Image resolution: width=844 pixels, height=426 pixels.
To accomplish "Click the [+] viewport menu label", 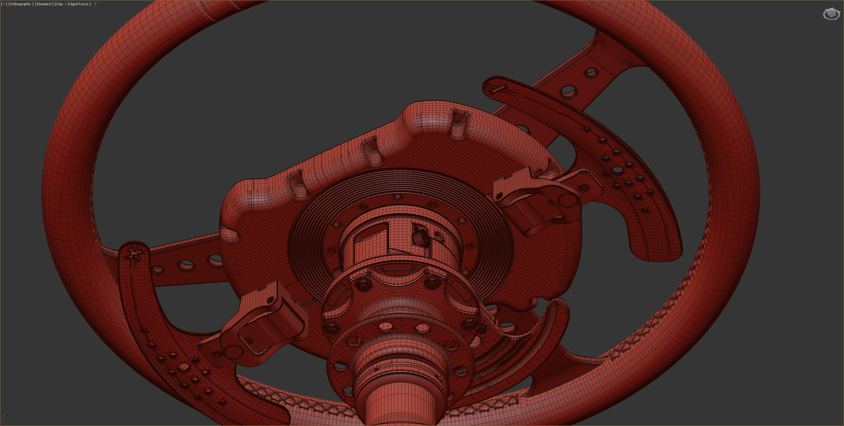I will [x=4, y=4].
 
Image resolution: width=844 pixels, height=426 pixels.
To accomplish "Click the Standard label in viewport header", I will [x=44, y=4].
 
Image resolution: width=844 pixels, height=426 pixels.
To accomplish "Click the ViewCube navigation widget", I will [x=831, y=14].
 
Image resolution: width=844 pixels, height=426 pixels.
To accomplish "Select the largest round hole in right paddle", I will [x=617, y=170].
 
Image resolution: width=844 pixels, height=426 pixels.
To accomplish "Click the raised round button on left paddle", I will [x=184, y=367].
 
